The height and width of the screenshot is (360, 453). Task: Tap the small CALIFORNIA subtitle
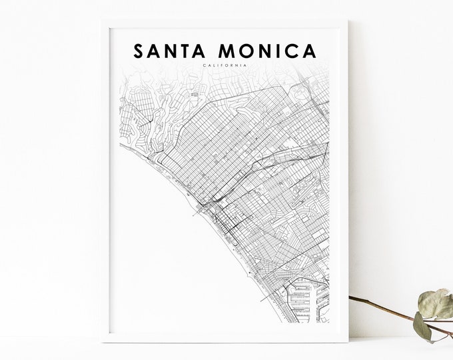226,65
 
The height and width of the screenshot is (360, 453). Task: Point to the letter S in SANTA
139,51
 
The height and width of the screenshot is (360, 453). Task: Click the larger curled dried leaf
434,303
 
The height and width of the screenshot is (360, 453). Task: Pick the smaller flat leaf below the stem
421,327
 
